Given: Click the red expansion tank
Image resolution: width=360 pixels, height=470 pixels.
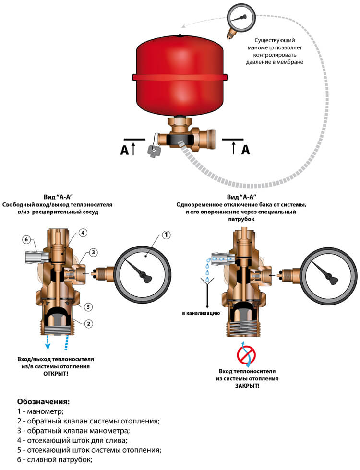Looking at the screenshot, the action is point(180,76).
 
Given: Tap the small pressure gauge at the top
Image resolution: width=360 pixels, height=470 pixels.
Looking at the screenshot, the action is point(240,20).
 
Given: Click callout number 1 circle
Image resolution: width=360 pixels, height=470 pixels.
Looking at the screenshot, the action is point(166,235).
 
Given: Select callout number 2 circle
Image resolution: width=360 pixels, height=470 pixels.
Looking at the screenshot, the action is point(88,324).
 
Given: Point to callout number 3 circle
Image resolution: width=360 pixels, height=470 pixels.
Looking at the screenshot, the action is point(93,252).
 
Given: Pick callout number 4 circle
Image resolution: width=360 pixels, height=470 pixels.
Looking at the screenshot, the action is point(83,233).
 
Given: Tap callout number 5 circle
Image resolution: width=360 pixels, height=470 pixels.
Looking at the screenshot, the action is point(88,307).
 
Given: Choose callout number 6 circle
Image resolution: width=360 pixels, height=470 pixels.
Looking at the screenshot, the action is point(27,239).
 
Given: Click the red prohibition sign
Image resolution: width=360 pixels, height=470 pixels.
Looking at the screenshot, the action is point(246,354).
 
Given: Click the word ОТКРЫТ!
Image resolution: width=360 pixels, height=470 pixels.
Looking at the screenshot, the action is point(56,374).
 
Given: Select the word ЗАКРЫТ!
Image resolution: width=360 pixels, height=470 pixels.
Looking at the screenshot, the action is point(247,386).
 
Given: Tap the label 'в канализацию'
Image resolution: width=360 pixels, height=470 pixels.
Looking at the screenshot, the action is point(201,313).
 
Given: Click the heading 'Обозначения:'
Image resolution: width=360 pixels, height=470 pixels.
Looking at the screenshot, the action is point(44,402).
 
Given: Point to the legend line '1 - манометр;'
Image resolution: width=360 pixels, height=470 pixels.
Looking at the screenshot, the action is point(40,411).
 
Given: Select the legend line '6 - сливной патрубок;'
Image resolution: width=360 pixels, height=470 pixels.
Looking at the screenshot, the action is point(55,459).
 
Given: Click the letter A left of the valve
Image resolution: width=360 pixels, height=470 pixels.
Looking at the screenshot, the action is point(124,150).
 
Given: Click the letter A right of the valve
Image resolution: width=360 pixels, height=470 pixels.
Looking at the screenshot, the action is point(245,150).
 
